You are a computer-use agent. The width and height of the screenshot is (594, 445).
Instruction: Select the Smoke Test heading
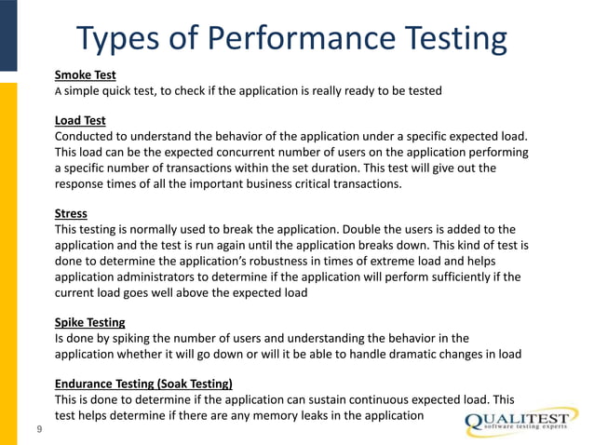point(85,74)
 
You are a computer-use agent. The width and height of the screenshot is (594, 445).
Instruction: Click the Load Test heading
point(80,120)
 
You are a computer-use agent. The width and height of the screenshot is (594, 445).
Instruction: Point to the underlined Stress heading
point(71,212)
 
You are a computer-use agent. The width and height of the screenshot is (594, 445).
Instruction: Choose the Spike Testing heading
point(90,322)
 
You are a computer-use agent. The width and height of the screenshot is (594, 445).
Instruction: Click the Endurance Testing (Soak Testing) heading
point(143,384)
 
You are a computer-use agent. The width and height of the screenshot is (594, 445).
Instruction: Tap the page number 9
point(38,429)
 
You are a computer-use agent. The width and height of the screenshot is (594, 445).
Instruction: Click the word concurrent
point(274,152)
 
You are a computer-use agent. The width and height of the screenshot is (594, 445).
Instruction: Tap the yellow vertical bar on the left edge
point(7,261)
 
